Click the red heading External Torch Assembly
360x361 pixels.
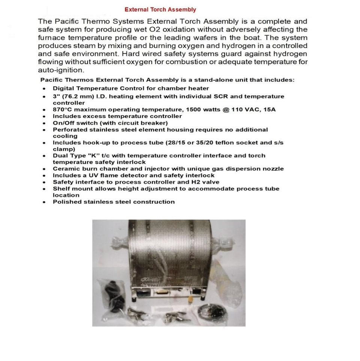coord(160,9)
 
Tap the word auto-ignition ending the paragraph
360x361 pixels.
coord(61,70)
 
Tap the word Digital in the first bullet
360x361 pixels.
coord(64,89)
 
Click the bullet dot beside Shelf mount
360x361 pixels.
coord(45,189)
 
